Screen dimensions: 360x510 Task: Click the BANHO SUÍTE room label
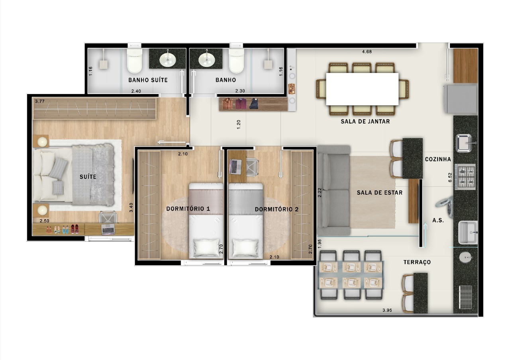(148, 80)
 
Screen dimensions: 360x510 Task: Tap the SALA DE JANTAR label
(365, 121)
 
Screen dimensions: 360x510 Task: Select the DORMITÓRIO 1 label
(188, 209)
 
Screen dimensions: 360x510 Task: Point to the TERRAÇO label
(417, 262)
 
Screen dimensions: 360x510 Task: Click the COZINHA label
(438, 159)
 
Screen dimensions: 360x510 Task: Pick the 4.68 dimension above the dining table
(367, 51)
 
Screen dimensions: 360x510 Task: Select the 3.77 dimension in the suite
(39, 102)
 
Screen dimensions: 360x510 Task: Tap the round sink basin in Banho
(206, 59)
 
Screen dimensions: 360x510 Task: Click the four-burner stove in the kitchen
(466, 176)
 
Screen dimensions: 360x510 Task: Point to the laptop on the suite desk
(108, 229)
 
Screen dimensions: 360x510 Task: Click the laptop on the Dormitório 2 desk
(234, 166)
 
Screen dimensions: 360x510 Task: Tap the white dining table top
(362, 89)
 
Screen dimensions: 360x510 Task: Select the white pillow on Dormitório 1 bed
(206, 248)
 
